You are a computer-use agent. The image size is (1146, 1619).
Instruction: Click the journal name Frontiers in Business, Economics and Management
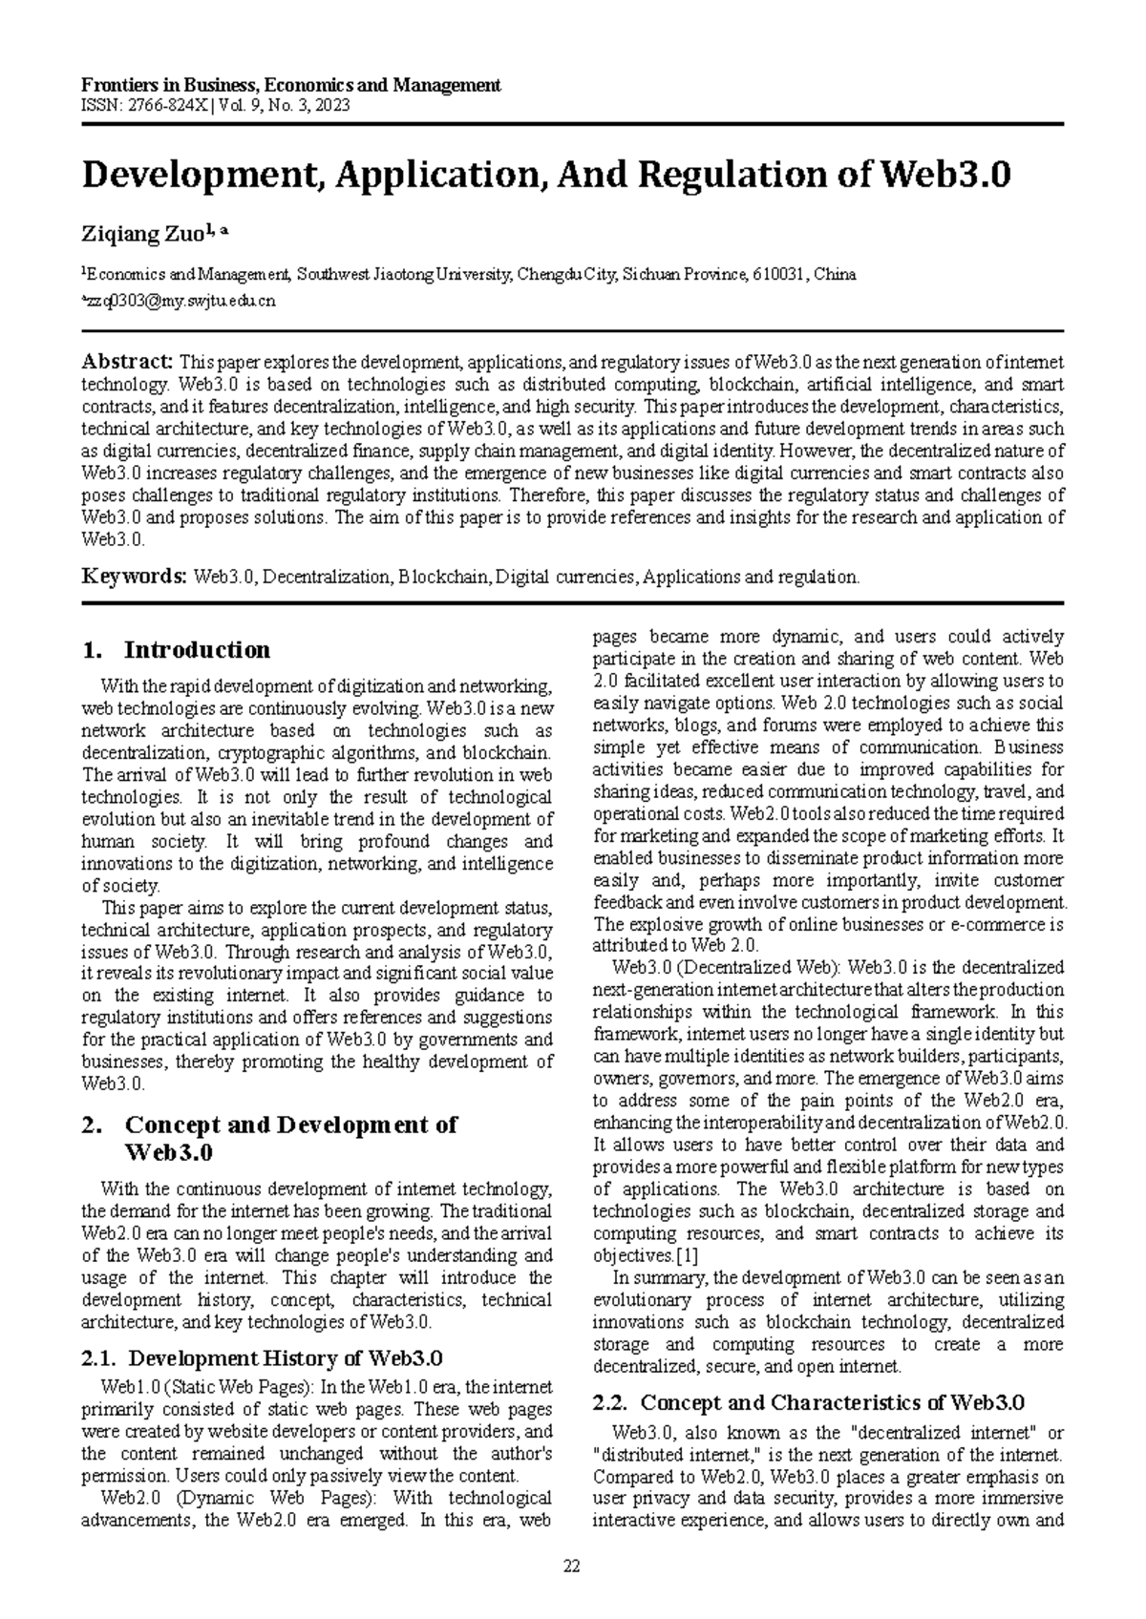pos(291,85)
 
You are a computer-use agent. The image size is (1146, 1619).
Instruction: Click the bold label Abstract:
pos(127,362)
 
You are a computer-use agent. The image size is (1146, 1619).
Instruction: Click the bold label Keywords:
pos(134,577)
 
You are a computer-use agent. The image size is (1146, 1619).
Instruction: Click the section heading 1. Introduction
pos(178,650)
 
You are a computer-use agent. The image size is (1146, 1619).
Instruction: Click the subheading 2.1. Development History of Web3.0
pos(263,1357)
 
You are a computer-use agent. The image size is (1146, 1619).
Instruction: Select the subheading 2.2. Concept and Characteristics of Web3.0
pos(808,1402)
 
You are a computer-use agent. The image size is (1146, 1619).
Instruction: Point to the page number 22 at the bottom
pos(572,1566)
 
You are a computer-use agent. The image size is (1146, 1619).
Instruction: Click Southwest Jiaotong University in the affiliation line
pos(404,275)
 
